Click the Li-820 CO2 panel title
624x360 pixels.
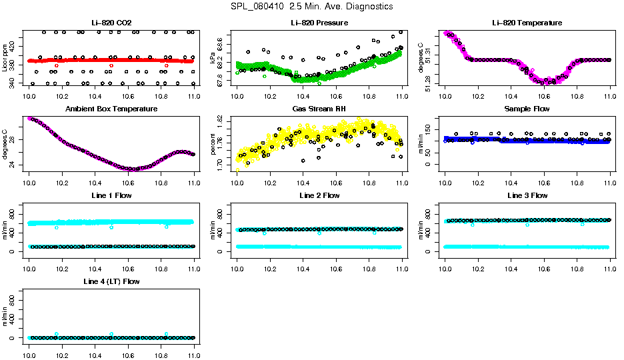point(112,23)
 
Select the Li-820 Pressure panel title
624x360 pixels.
point(319,23)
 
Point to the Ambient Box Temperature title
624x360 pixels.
point(112,109)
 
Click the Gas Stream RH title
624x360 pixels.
point(319,109)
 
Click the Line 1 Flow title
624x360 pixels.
point(112,195)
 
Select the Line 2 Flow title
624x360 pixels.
point(319,195)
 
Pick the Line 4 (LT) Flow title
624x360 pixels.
point(112,281)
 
